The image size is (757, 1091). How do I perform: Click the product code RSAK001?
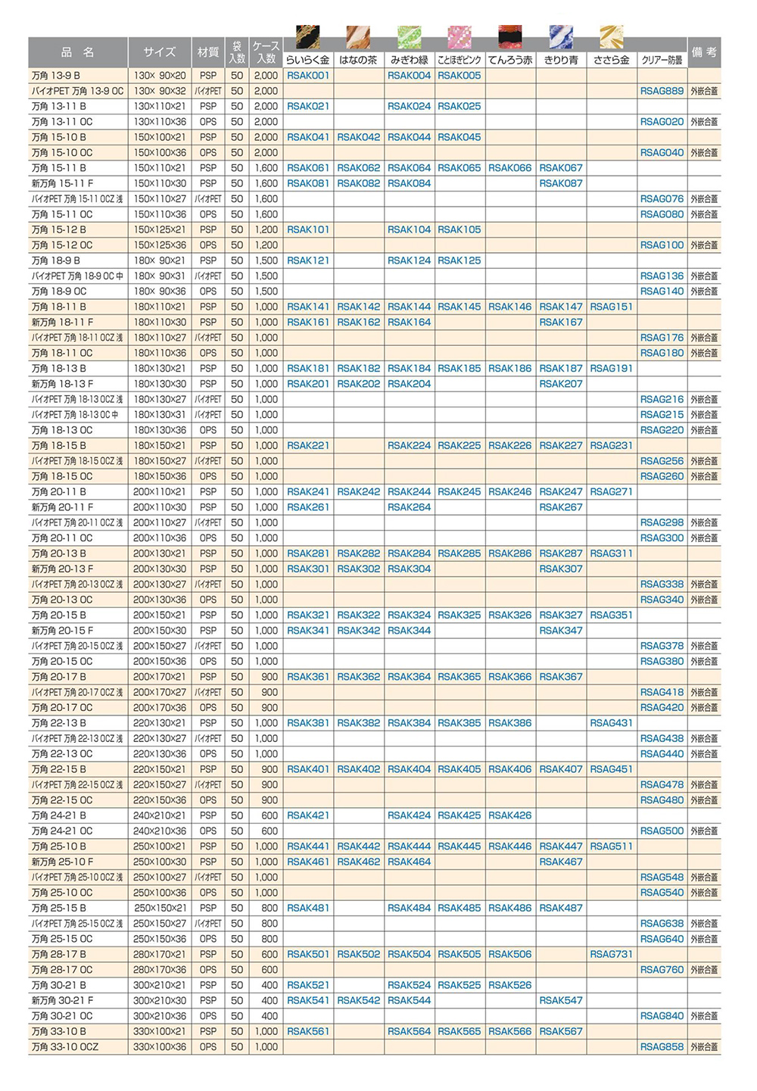(x=308, y=76)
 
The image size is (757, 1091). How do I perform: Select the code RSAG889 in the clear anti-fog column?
(x=662, y=91)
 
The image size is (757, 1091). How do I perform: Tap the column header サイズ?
(x=159, y=52)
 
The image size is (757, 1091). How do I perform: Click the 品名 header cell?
(x=78, y=52)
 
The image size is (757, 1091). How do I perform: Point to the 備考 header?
(x=704, y=52)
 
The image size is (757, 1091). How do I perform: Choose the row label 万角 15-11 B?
(x=59, y=168)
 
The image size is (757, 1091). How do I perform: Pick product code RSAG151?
(x=611, y=307)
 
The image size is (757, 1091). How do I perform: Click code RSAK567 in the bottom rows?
(x=561, y=1031)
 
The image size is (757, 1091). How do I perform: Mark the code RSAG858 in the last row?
(x=662, y=1047)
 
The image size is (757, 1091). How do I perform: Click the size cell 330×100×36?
(x=160, y=1047)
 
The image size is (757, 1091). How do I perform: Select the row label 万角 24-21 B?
(x=59, y=815)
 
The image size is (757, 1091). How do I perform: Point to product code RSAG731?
(x=611, y=954)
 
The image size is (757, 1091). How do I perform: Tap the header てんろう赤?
(x=510, y=60)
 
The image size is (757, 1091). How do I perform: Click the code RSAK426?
(x=510, y=815)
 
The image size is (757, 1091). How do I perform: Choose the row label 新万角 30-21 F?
(x=62, y=1000)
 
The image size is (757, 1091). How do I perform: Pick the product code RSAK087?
(x=561, y=183)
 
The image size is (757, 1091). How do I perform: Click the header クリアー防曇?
(x=662, y=60)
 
